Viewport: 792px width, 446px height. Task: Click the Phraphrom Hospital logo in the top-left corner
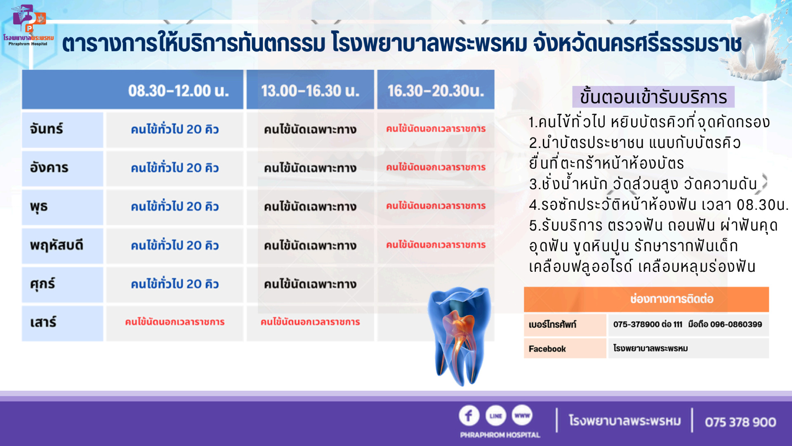pos(28,25)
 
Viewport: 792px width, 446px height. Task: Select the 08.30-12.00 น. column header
pos(178,90)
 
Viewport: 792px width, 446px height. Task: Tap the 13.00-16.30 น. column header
pos(310,90)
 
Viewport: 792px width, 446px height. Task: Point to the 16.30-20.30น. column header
pos(436,90)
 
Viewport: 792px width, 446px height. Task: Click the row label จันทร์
pos(46,129)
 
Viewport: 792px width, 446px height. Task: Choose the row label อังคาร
pos(49,168)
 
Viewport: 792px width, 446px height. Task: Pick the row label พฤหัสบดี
pos(57,245)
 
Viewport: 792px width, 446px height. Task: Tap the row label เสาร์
pos(43,322)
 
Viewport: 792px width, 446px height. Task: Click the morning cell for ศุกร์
pos(174,284)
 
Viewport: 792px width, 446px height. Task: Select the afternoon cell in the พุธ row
pos(310,206)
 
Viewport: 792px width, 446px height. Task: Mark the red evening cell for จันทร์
pos(436,129)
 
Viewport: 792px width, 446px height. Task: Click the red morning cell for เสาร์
pos(174,322)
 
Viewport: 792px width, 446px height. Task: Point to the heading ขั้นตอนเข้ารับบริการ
pos(653,97)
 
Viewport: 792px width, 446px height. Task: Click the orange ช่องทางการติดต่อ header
pos(646,299)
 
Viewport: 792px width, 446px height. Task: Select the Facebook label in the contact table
pos(547,349)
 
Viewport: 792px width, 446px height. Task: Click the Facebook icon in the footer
pos(469,415)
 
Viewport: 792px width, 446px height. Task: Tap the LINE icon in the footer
pos(496,415)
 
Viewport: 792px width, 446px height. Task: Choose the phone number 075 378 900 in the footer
pos(740,422)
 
